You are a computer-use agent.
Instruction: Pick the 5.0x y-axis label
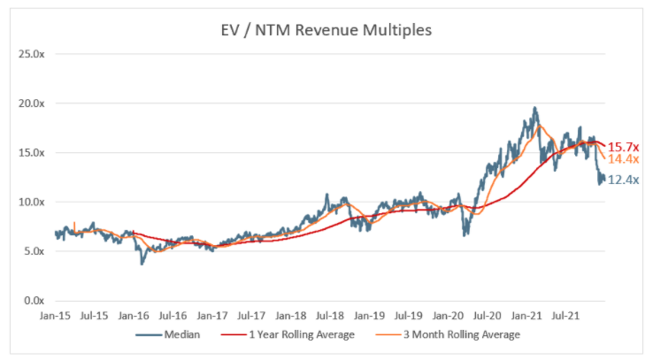point(34,251)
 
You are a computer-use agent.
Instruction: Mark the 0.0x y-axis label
point(34,301)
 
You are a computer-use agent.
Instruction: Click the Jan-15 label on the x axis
point(56,315)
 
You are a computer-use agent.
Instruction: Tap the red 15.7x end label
point(623,146)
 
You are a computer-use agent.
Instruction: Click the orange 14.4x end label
point(623,159)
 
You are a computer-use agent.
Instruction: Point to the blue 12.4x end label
point(623,180)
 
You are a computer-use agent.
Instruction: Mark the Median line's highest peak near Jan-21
point(534,108)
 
